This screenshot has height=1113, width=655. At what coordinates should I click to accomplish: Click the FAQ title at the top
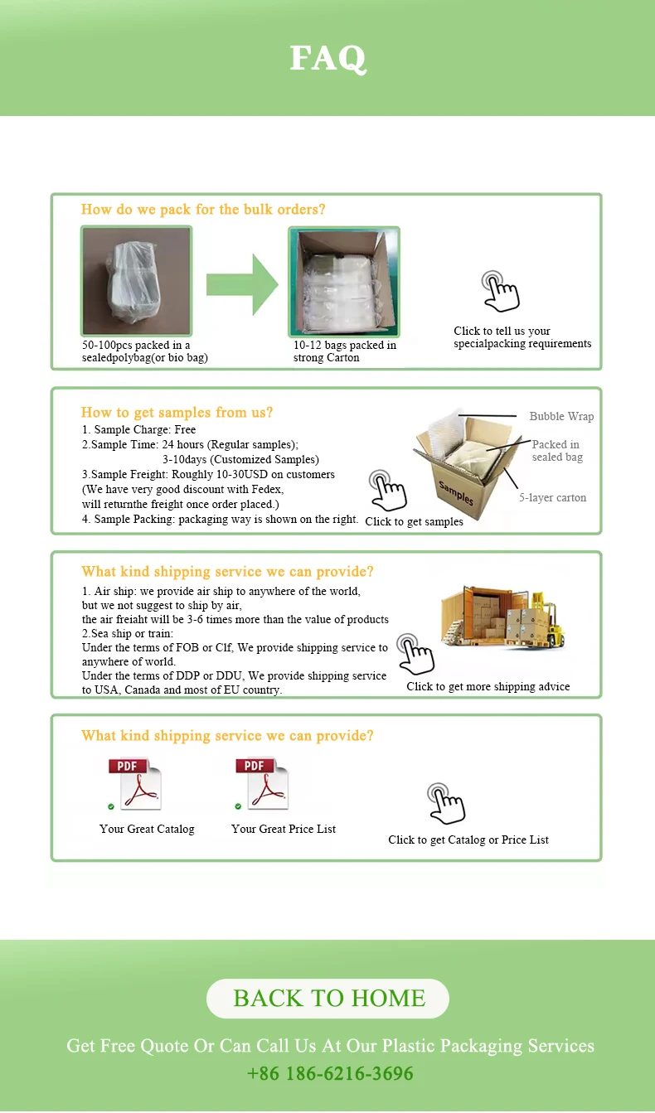point(327,59)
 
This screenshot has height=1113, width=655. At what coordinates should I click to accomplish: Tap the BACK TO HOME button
point(327,999)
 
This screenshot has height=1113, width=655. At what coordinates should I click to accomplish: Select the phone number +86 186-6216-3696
point(330,1074)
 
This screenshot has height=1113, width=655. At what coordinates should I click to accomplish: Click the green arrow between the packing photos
point(242,284)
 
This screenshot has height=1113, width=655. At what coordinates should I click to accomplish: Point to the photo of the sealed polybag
point(136,281)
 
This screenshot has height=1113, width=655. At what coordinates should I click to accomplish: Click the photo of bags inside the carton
point(343,282)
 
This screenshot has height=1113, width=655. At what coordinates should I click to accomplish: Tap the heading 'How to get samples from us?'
point(177,413)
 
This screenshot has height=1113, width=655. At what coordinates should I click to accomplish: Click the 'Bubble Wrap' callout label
point(561,417)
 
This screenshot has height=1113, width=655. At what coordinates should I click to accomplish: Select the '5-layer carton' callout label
point(552,498)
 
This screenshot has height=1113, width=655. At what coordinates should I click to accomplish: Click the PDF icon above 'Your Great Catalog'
point(134,784)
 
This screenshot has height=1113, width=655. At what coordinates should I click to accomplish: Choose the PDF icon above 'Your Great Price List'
point(262,784)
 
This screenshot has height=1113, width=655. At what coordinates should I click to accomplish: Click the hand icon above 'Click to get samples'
point(387,490)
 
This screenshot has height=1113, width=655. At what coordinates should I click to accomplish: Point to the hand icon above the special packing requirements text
point(500,291)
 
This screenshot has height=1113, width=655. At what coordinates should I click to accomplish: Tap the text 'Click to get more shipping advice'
point(488,687)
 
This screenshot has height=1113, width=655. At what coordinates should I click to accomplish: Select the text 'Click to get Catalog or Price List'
point(468,840)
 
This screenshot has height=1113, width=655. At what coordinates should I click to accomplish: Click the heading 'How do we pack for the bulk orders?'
point(203,210)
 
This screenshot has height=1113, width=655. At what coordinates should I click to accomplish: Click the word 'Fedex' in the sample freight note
point(265,490)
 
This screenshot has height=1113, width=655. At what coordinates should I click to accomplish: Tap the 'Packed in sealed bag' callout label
point(556,451)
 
